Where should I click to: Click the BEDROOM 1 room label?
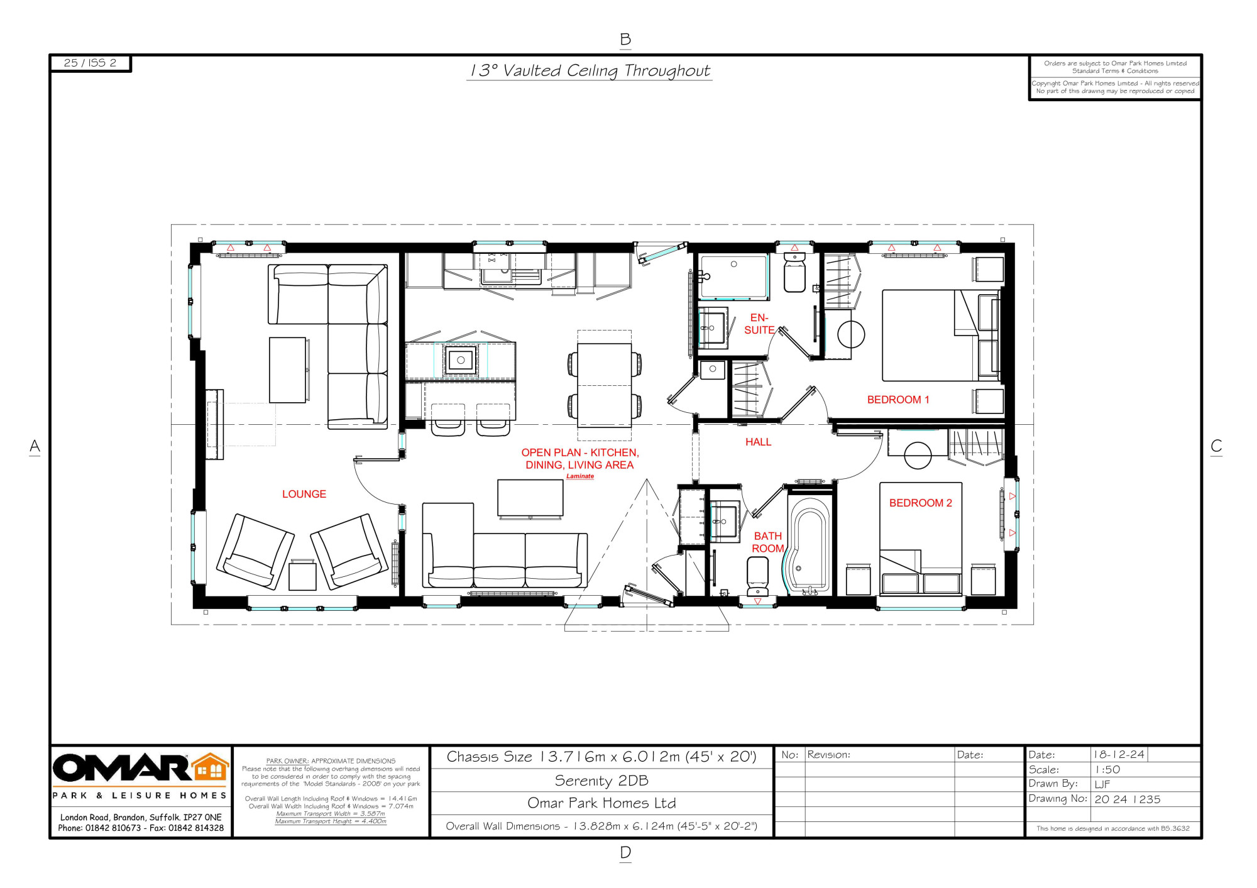(897, 400)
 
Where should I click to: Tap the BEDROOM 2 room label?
(920, 503)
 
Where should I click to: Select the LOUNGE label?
(304, 494)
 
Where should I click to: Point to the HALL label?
(758, 442)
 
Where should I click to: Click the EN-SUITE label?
(759, 324)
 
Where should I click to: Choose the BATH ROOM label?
(768, 542)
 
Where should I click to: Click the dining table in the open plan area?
(604, 385)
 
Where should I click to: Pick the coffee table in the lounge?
(288, 370)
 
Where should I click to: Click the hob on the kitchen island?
(461, 360)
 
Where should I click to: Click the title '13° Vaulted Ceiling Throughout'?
(590, 70)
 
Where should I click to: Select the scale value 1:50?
(1107, 769)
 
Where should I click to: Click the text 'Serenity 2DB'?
(601, 781)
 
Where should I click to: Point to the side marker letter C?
(1216, 446)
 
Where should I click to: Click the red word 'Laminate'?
(580, 476)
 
